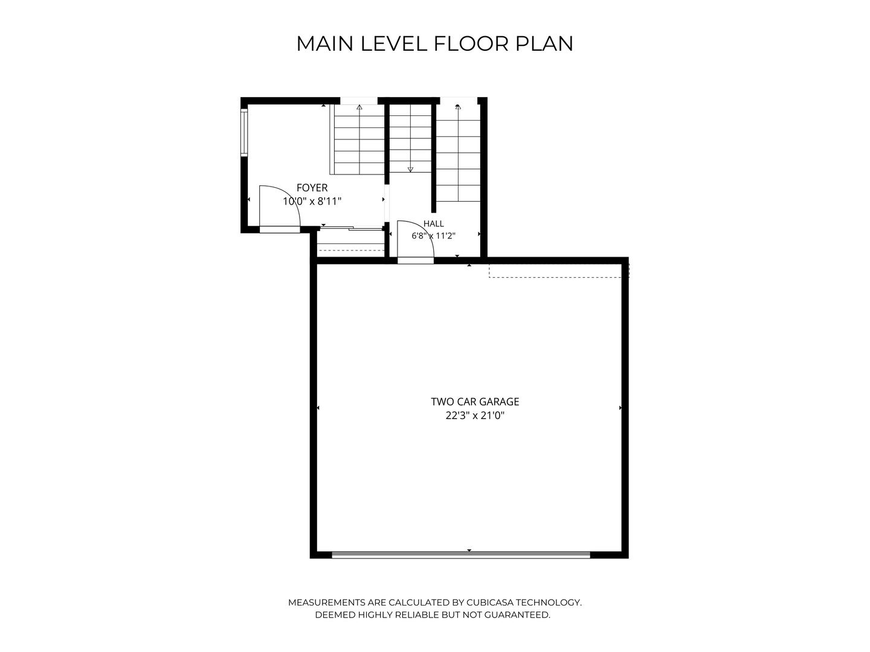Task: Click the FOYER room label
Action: click(x=312, y=188)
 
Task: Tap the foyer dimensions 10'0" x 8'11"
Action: click(x=312, y=202)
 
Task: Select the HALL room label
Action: click(x=434, y=223)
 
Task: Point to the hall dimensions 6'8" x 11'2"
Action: click(x=434, y=236)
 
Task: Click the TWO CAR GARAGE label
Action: click(x=475, y=402)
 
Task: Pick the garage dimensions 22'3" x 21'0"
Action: click(x=475, y=416)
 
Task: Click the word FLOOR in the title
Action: click(x=471, y=43)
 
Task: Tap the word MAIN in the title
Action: click(x=325, y=43)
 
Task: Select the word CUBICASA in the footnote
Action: click(x=489, y=602)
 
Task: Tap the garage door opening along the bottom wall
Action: click(x=461, y=555)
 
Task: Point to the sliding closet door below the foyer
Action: click(x=352, y=228)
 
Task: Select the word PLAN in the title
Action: click(x=544, y=43)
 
